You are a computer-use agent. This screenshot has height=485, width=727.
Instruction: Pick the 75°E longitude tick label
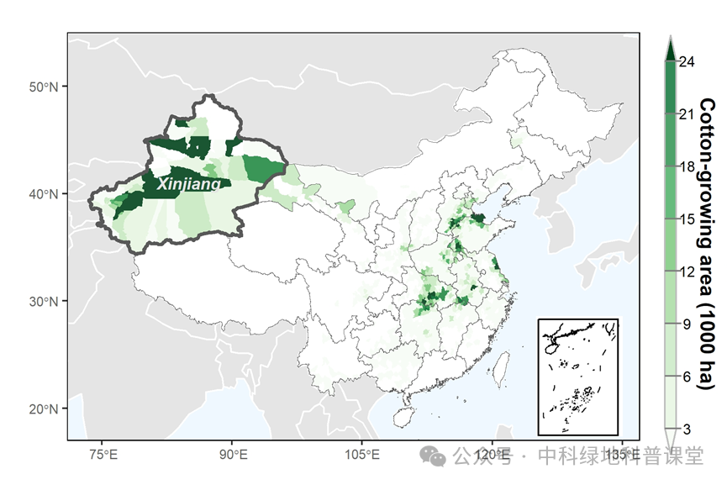pyautogui.click(x=102, y=455)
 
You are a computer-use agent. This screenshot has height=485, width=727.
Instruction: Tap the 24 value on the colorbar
pyautogui.click(x=687, y=61)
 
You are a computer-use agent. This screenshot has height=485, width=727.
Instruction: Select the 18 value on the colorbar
pyautogui.click(x=687, y=166)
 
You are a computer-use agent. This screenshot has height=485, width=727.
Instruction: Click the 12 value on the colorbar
pyautogui.click(x=687, y=271)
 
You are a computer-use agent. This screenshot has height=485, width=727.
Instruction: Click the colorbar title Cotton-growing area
pyautogui.click(x=708, y=244)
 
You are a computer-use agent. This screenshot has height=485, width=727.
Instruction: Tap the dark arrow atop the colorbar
pyautogui.click(x=670, y=50)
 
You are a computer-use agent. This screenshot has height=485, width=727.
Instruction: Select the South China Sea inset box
pyautogui.click(x=577, y=376)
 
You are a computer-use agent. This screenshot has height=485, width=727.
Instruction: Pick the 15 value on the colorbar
pyautogui.click(x=687, y=219)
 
